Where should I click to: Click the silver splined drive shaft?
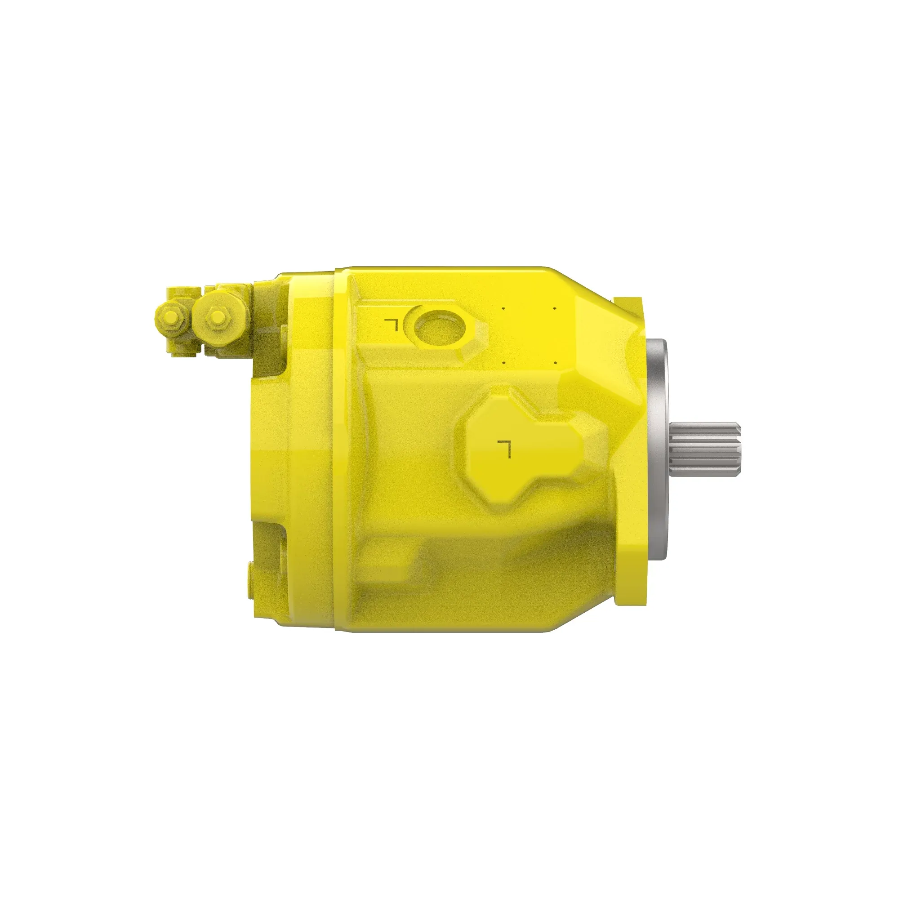[x=703, y=450]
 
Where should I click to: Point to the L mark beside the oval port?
[x=392, y=325]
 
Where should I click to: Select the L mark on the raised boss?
[x=504, y=448]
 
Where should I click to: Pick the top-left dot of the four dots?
[x=503, y=308]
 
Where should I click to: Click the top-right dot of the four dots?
[x=555, y=308]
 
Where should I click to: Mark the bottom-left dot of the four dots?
[x=503, y=362]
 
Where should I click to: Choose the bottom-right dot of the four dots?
[x=555, y=362]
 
